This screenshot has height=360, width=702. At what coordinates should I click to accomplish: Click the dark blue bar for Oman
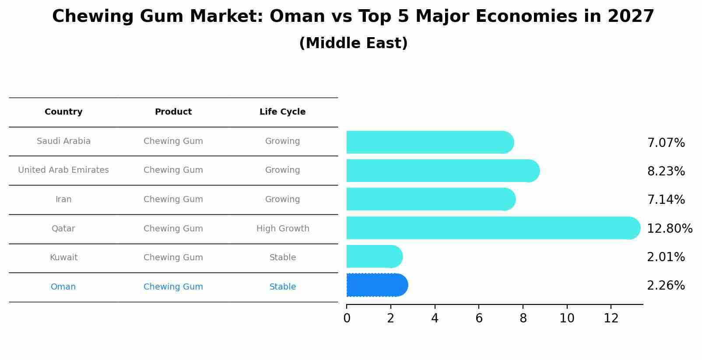click(377, 285)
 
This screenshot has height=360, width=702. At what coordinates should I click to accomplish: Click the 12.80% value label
click(669, 228)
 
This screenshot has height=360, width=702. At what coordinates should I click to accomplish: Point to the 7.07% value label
click(666, 143)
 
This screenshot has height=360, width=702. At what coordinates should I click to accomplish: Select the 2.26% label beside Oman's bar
click(666, 286)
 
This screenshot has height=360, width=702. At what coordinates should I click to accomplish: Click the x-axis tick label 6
click(479, 318)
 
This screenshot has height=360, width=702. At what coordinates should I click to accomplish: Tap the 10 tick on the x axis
click(567, 318)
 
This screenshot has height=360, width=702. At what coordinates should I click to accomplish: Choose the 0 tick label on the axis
click(347, 318)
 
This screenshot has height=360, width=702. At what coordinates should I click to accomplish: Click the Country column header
click(63, 112)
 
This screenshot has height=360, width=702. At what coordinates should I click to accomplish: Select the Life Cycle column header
click(282, 112)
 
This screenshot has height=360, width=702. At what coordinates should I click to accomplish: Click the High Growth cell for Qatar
click(283, 228)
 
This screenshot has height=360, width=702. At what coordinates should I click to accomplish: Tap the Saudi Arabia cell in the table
click(63, 141)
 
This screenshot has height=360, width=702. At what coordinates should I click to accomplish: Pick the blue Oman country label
click(63, 287)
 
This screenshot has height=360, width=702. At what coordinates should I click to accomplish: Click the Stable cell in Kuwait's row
click(283, 258)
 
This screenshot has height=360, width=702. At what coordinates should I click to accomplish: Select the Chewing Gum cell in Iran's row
click(173, 199)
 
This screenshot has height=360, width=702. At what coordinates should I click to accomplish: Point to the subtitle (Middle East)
click(353, 43)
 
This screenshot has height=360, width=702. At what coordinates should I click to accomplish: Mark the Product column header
click(173, 112)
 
